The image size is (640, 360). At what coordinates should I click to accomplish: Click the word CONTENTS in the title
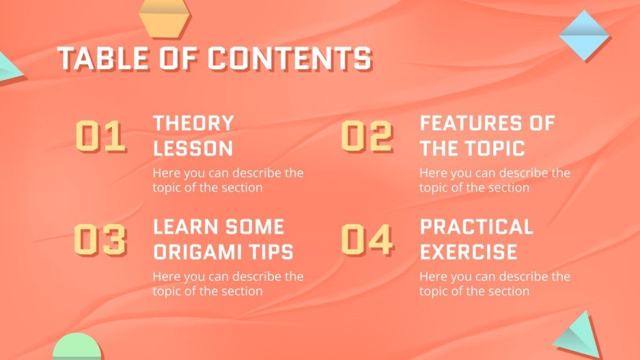[290, 59]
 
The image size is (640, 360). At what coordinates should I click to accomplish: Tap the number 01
[100, 136]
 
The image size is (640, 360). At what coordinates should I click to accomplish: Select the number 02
[367, 136]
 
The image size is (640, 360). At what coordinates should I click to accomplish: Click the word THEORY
[193, 124]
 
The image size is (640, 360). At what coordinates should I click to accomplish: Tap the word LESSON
[193, 148]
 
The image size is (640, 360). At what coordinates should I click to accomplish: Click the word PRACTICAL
[476, 227]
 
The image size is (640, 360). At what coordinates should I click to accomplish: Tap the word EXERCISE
[468, 251]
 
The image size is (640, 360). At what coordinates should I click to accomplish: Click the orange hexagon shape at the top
[164, 17]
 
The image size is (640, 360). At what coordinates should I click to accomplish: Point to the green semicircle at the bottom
[76, 348]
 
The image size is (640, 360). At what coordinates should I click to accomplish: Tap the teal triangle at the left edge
[8, 67]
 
